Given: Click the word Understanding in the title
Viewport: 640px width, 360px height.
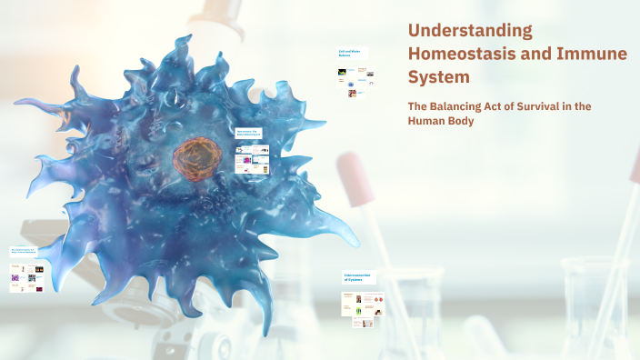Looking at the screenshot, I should [x=470, y=30].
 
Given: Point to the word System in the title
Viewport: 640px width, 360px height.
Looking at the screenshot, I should [x=439, y=77].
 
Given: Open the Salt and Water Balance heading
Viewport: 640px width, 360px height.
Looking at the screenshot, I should [x=350, y=54].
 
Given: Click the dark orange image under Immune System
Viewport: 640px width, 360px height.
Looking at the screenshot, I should [x=39, y=288].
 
